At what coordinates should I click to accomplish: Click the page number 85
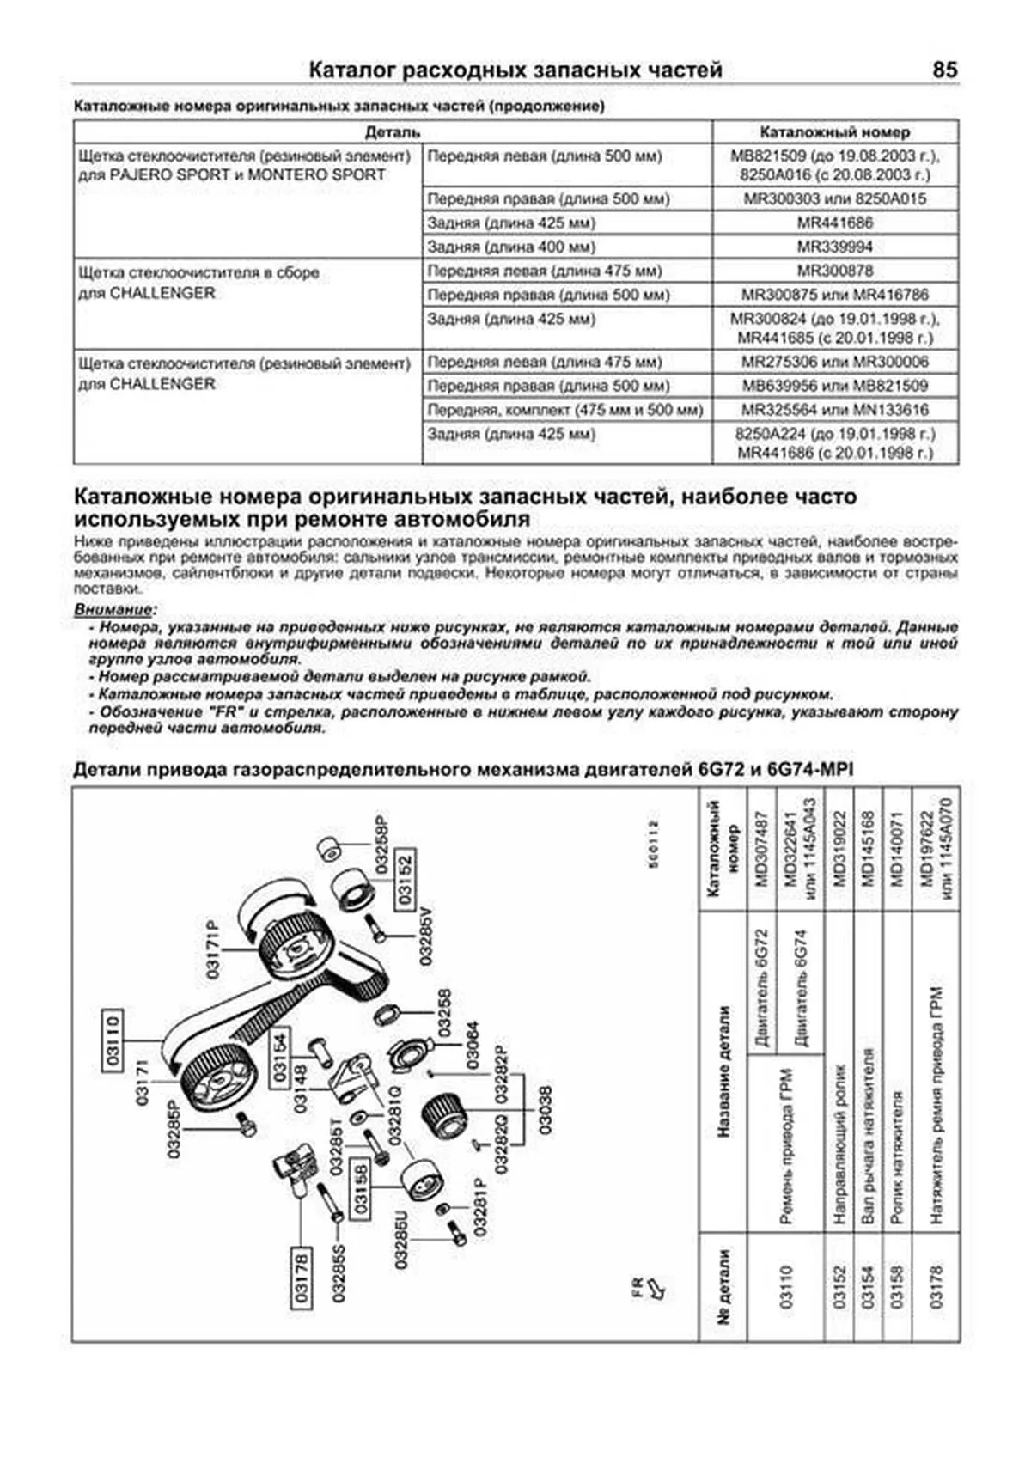tap(944, 70)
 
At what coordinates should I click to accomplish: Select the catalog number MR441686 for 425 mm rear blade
tap(834, 223)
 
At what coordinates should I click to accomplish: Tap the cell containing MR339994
tap(834, 247)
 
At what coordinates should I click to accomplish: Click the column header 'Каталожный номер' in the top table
tap(834, 132)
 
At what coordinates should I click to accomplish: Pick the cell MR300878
tap(834, 271)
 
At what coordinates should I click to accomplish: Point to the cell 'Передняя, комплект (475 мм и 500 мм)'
tap(565, 410)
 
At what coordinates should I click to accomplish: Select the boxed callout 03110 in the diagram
tap(112, 1039)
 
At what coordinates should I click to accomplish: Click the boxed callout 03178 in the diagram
tap(301, 1276)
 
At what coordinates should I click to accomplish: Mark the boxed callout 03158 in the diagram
tap(360, 1187)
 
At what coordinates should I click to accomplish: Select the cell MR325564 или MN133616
tap(834, 410)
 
